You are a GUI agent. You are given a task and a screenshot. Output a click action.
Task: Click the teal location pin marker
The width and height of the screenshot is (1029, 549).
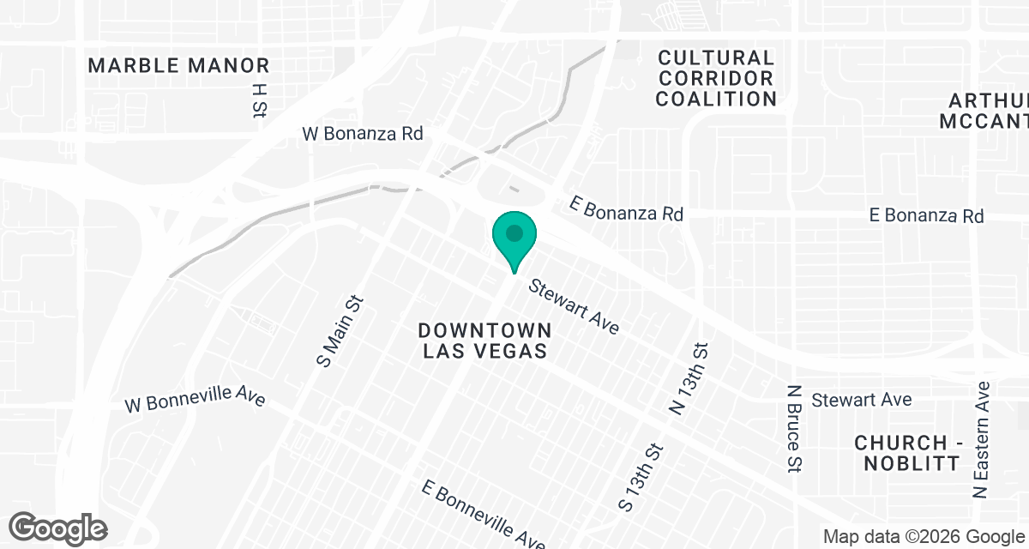(514, 237)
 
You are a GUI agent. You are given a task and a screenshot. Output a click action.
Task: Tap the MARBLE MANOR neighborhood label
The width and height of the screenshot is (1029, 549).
(178, 65)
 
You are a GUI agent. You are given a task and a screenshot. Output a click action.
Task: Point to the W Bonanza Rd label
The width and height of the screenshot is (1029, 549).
(363, 135)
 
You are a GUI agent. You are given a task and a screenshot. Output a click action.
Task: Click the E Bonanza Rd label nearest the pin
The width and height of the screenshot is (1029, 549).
(627, 208)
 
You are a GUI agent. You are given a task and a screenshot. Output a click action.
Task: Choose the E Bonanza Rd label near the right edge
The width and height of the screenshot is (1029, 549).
(926, 214)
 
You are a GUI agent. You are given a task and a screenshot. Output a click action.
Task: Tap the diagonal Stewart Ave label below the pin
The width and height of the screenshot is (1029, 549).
(574, 306)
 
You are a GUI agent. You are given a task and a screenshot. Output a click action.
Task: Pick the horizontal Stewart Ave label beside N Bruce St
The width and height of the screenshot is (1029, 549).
(862, 400)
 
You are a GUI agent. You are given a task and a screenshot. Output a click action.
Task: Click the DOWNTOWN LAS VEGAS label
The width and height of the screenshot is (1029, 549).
(484, 341)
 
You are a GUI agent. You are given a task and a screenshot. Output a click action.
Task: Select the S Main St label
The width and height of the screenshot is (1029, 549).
(340, 331)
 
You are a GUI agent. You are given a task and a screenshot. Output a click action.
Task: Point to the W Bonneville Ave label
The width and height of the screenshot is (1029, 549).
(195, 401)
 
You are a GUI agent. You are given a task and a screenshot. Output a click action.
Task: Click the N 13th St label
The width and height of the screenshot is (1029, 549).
(691, 379)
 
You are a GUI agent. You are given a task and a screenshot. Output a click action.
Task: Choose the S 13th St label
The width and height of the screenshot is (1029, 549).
(641, 477)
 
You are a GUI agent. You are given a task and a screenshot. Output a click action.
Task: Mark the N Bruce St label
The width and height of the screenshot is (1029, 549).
(794, 426)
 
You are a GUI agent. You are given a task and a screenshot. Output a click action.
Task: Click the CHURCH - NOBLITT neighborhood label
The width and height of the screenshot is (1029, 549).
(907, 453)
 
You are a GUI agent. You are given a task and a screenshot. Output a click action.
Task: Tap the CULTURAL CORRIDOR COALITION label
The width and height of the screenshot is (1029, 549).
(716, 78)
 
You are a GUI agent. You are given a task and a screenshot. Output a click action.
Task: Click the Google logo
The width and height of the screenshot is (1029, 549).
(58, 527)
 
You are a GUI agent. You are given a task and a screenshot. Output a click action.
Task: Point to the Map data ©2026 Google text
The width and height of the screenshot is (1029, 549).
(924, 537)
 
